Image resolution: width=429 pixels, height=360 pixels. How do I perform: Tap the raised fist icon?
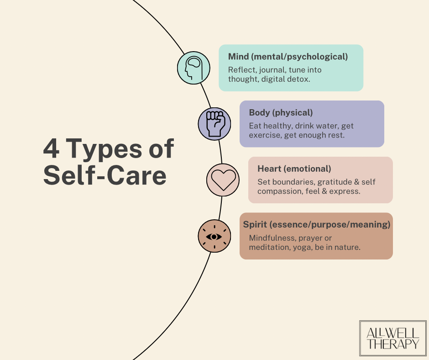coord(214,124)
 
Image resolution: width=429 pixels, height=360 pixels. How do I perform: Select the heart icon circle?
coord(223,180)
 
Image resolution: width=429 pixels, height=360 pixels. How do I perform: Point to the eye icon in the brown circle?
coord(214,236)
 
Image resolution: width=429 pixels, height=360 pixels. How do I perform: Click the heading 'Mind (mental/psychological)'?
coord(288,57)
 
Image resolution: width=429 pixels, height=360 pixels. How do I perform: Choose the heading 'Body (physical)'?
coord(281,113)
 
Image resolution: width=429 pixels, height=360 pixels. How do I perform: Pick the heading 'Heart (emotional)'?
coord(294,169)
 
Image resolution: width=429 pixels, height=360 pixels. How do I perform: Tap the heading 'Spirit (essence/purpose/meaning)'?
coord(316,225)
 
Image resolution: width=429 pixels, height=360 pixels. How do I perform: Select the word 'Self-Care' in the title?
coord(105,176)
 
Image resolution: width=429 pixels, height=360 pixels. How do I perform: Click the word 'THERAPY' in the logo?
coord(392,344)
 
